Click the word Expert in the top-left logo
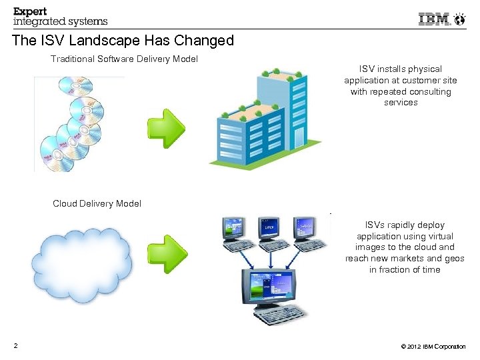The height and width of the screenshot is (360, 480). click(31, 11)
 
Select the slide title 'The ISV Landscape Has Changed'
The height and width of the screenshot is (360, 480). click(123, 41)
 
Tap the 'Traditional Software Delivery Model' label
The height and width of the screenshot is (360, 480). click(125, 59)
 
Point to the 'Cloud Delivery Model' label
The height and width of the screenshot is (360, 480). click(97, 203)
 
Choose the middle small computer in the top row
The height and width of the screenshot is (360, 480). click(269, 228)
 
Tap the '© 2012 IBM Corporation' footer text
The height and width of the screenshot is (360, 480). click(433, 347)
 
